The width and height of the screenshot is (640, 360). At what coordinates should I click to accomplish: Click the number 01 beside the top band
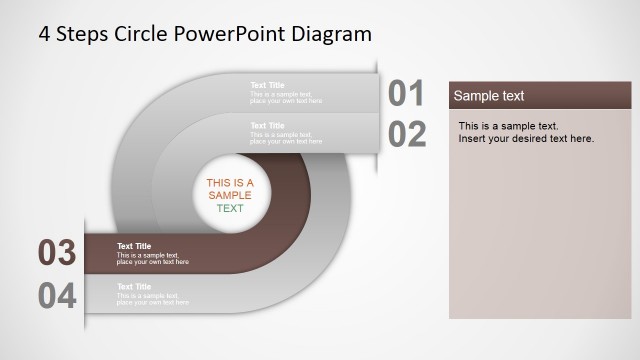(407, 93)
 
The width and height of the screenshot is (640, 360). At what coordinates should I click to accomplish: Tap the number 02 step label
(407, 134)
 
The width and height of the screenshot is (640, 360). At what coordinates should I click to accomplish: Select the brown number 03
(57, 253)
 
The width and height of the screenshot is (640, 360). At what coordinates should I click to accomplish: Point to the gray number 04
(57, 296)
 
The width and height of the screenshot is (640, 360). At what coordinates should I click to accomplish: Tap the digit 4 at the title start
(44, 33)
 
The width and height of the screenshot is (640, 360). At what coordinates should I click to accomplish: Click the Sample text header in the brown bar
(489, 96)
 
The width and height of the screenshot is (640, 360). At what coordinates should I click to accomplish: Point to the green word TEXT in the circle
(230, 209)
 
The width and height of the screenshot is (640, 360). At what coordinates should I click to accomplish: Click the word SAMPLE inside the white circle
(230, 196)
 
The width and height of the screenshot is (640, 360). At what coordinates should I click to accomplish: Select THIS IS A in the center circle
(230, 183)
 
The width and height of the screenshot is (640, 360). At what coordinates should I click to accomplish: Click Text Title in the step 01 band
(267, 85)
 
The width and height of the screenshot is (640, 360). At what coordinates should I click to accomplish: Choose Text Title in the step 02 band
(267, 125)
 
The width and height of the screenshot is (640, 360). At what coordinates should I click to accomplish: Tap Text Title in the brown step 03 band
(134, 246)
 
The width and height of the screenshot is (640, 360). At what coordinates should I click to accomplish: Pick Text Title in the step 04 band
(134, 287)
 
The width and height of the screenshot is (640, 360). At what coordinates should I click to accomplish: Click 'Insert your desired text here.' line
(526, 139)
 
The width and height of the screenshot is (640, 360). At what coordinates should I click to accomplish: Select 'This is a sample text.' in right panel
(508, 126)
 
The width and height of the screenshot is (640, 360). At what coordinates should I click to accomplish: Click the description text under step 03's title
(152, 259)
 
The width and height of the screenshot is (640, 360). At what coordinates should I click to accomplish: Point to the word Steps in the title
(82, 33)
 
